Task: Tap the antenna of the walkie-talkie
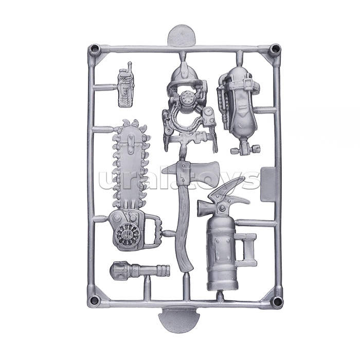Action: (130, 67)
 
